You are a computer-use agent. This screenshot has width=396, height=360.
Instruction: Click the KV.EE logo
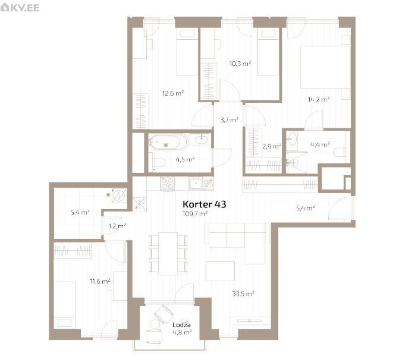[20, 8]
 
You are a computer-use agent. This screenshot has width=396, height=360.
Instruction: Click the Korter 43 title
[204, 204]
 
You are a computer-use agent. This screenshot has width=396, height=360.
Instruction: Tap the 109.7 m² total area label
[195, 214]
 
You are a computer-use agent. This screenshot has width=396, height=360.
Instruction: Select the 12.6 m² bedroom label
[173, 93]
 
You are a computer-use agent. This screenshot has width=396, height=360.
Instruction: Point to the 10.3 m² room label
[240, 64]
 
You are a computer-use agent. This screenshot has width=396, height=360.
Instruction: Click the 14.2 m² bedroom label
[319, 99]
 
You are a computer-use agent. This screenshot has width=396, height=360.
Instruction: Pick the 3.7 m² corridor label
[229, 120]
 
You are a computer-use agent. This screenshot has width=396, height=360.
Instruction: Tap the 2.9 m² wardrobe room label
[272, 146]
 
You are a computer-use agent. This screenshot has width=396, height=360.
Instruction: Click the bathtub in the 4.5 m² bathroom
[168, 142]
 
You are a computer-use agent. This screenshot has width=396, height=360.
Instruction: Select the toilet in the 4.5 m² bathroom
[157, 162]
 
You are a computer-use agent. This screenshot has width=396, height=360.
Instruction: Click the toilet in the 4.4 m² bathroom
[339, 152]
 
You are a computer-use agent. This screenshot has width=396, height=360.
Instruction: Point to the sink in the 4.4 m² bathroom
[292, 139]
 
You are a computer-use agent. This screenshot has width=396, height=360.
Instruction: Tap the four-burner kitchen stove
[167, 184]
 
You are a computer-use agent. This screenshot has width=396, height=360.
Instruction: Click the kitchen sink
[196, 183]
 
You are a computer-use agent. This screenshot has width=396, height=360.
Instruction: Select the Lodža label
[181, 325]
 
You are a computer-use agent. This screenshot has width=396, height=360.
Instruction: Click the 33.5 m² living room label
[243, 293]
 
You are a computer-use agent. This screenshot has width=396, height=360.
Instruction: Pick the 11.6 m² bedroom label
[100, 281]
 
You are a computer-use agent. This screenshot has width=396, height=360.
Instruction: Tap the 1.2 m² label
[117, 226]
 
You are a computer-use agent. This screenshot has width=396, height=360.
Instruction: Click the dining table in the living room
[168, 254]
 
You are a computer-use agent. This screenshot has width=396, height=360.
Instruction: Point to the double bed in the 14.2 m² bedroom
[325, 67]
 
